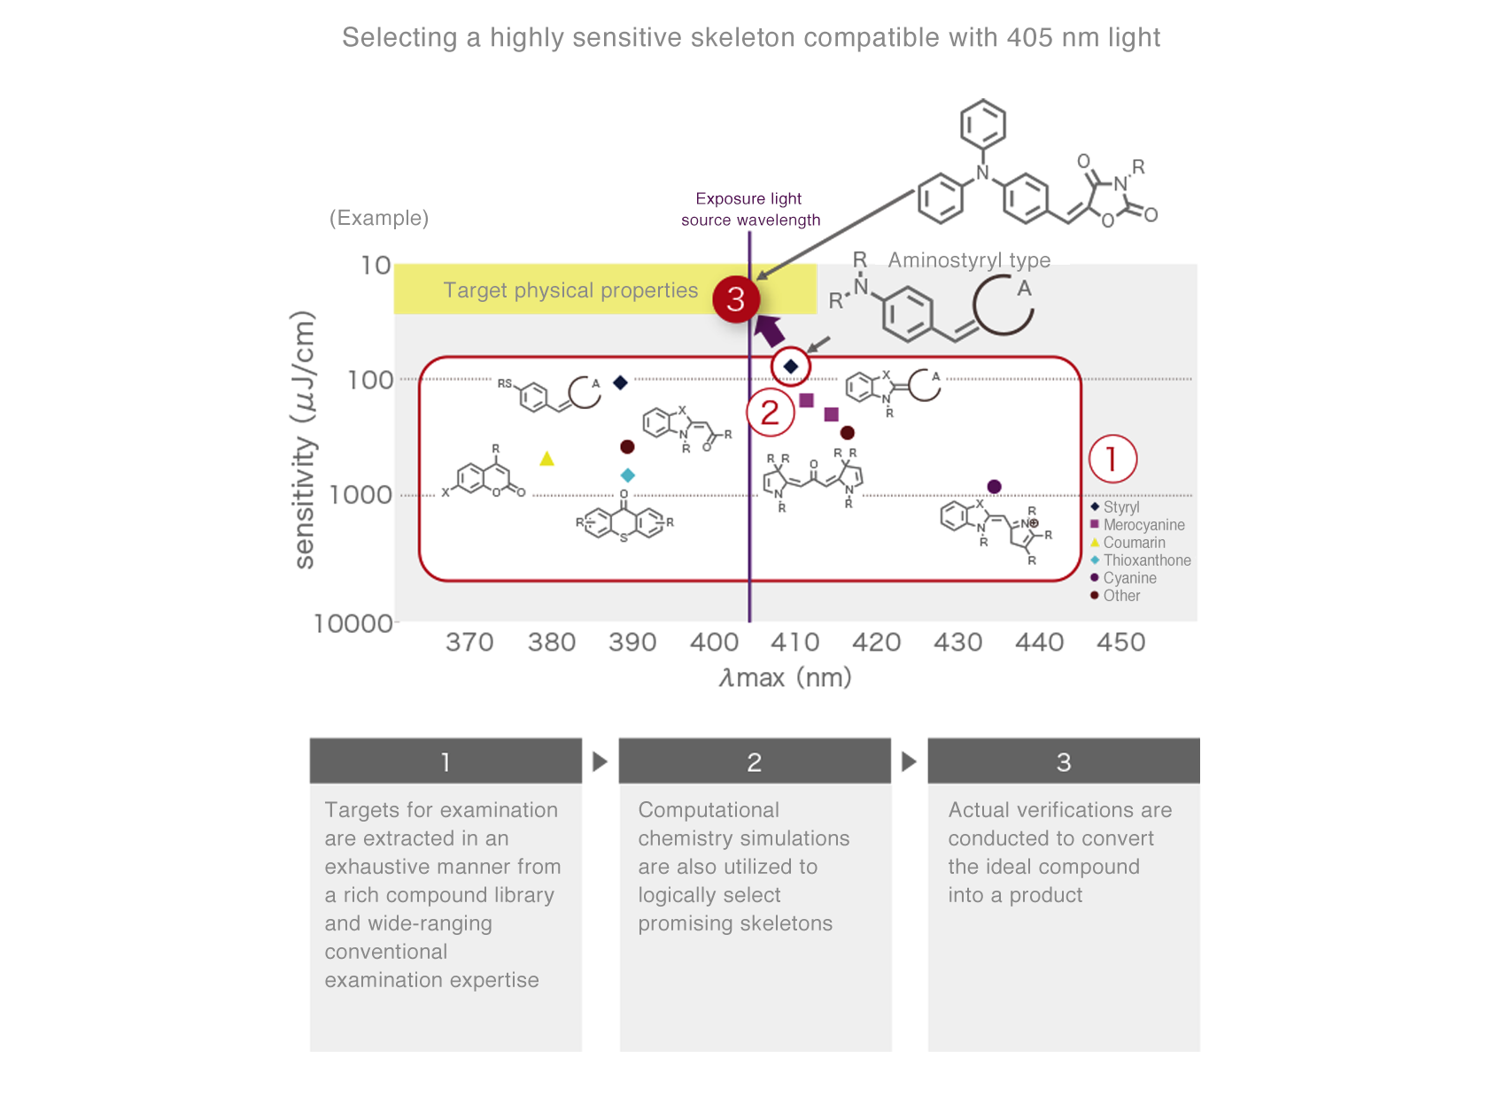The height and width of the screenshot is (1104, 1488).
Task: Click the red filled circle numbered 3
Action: click(736, 299)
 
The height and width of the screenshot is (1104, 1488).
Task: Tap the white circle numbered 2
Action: click(770, 413)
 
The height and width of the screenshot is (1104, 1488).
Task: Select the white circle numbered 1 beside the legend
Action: click(1112, 459)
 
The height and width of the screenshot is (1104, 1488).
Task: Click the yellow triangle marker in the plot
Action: click(546, 459)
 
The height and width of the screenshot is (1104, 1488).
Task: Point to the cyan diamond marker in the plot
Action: click(627, 475)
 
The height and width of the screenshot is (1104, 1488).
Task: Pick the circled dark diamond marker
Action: click(791, 366)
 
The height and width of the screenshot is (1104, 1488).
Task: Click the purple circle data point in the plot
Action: click(994, 486)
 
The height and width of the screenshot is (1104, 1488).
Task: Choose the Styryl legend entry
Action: click(1120, 507)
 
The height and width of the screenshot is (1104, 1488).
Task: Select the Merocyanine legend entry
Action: click(1143, 525)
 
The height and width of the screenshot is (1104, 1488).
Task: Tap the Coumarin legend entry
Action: click(1133, 543)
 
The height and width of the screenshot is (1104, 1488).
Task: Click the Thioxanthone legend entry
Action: click(1146, 560)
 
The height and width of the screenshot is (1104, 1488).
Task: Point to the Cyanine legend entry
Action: click(1128, 578)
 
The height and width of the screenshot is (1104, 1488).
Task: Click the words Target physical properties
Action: click(570, 290)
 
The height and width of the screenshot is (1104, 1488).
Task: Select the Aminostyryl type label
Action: click(969, 259)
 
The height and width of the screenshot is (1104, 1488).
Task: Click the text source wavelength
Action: click(750, 220)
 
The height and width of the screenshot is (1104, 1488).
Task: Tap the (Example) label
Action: click(379, 218)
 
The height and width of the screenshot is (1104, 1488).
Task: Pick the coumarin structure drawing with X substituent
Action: click(484, 476)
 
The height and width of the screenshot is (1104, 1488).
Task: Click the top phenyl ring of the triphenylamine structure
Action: click(983, 125)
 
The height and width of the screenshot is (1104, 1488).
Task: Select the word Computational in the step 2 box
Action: click(709, 810)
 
